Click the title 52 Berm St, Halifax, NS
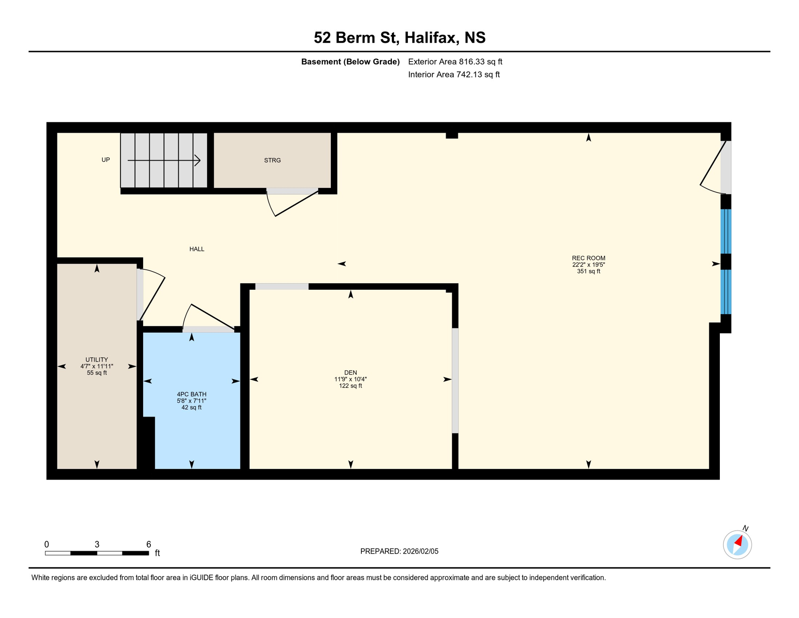(399, 38)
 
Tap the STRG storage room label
(272, 161)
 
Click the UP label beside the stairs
(106, 160)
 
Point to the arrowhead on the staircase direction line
(198, 161)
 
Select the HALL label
(197, 249)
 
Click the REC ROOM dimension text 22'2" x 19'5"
(588, 265)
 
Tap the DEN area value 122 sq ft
(350, 386)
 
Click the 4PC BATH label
(192, 394)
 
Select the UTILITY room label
(96, 360)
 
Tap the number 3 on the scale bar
(97, 544)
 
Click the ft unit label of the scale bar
(158, 553)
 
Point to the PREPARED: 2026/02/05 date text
(399, 551)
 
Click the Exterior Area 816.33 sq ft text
(455, 62)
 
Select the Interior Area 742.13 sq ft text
(454, 74)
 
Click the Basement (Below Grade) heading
(350, 62)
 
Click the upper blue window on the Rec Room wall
(725, 231)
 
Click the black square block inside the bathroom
(149, 443)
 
